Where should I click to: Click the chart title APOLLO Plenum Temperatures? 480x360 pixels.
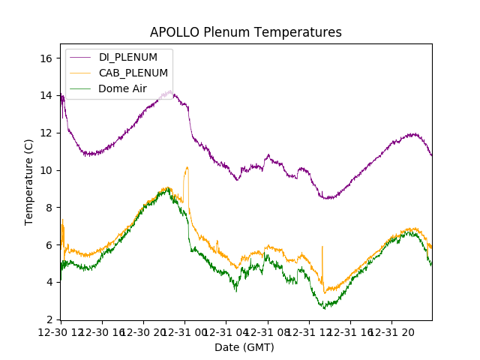pyautogui.click(x=246, y=32)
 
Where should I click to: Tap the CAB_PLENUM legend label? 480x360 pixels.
pyautogui.click(x=133, y=73)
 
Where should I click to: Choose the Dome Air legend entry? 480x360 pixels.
pyautogui.click(x=123, y=88)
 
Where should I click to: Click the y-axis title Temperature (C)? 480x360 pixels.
pyautogui.click(x=29, y=181)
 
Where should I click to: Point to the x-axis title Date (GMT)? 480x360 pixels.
pyautogui.click(x=244, y=347)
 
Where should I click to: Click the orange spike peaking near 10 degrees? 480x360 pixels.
pyautogui.click(x=187, y=168)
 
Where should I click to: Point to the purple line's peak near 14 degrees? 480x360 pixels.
pyautogui.click(x=171, y=91)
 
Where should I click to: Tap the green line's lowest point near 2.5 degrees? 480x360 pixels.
pyautogui.click(x=324, y=307)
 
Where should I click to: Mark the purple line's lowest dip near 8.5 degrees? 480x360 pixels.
pyautogui.click(x=328, y=198)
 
